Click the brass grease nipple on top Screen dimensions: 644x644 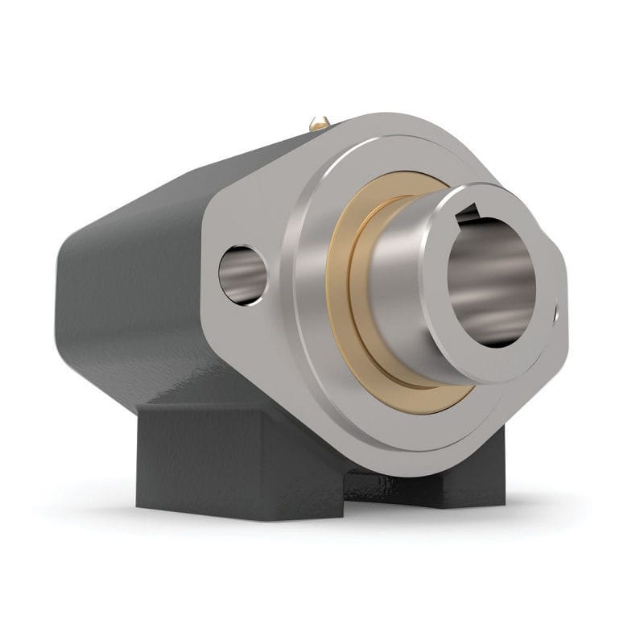pyautogui.click(x=320, y=123)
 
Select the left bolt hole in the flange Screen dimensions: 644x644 pyautogui.click(x=244, y=274)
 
